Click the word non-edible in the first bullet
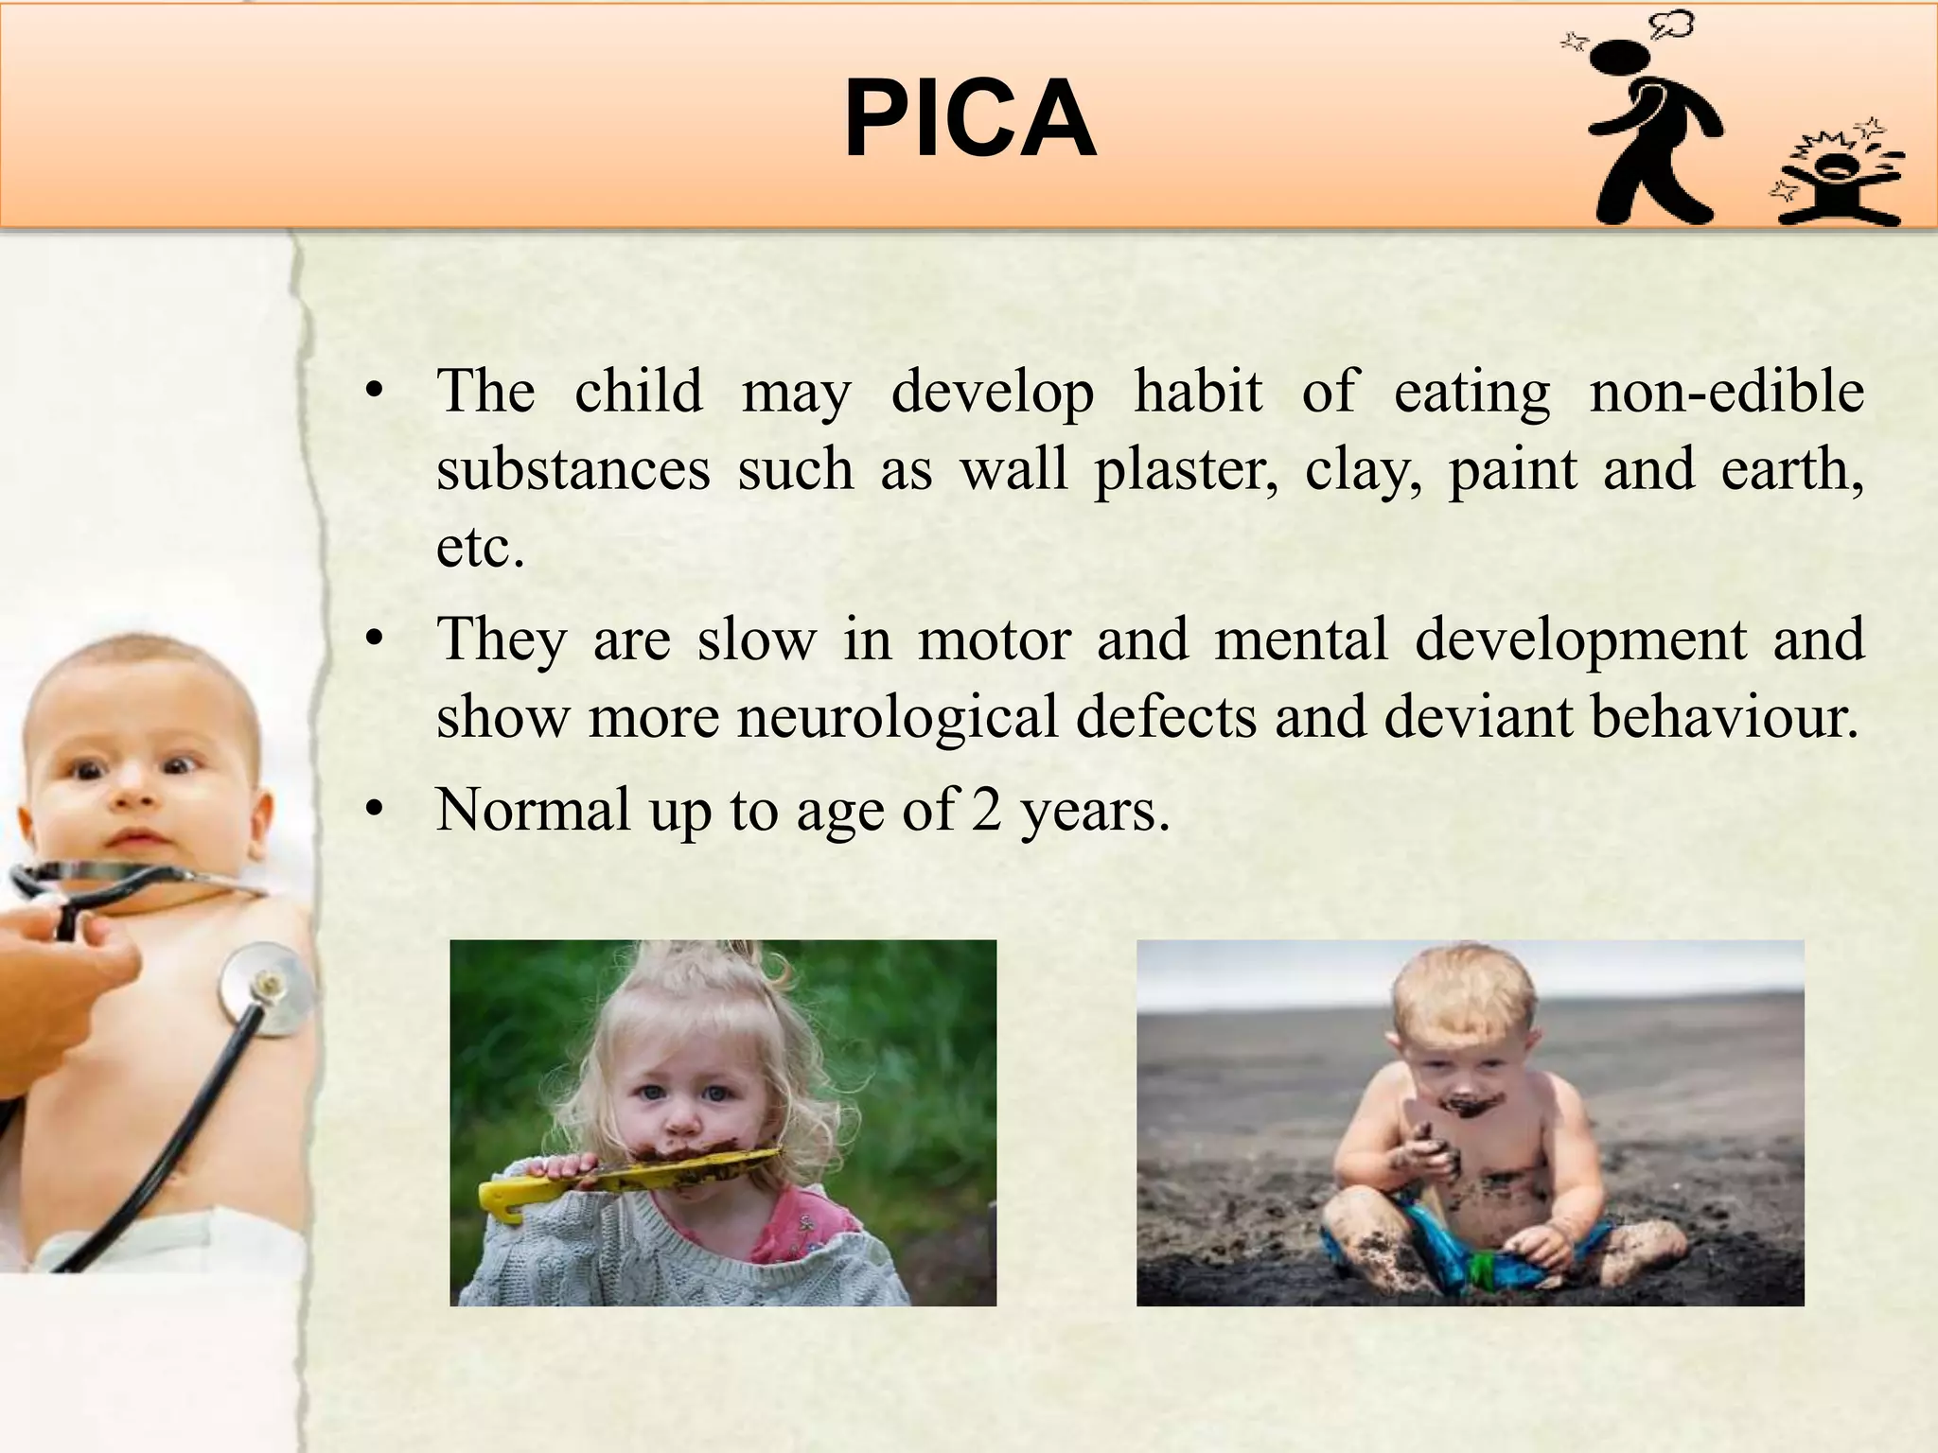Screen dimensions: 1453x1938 pos(1726,392)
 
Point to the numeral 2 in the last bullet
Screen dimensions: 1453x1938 pos(985,811)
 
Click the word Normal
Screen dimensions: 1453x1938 pos(533,811)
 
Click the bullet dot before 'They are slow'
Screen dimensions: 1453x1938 pos(376,640)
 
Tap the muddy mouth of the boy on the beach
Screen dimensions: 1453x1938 pos(1468,1107)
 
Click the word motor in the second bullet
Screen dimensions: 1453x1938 pos(994,640)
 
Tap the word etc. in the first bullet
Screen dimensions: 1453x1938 pos(480,548)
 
